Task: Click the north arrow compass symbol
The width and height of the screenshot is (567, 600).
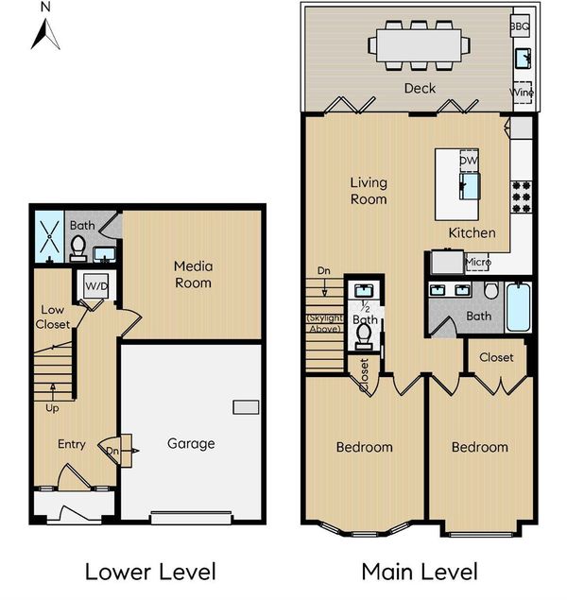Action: [45, 34]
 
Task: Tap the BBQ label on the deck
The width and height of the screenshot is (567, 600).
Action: [520, 26]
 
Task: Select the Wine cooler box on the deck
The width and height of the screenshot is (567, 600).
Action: [522, 93]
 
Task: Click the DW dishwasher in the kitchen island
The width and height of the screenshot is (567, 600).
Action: [469, 161]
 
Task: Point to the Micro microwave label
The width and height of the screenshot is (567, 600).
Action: [478, 262]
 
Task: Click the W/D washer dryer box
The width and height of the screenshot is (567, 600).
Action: [96, 286]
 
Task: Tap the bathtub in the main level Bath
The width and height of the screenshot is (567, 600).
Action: [519, 307]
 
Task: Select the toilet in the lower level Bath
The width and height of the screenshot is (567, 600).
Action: [78, 248]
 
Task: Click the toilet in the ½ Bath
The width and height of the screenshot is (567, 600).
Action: [364, 336]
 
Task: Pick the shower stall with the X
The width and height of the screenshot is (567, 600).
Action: [49, 236]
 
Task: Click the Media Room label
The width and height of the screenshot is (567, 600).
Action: [193, 274]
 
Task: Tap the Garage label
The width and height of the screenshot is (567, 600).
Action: [191, 443]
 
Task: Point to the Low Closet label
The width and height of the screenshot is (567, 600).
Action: [53, 317]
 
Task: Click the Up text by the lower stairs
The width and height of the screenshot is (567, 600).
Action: [52, 408]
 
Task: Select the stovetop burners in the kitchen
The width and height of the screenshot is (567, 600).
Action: [522, 197]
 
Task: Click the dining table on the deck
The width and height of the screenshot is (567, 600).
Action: [419, 45]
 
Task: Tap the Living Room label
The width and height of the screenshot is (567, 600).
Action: [369, 191]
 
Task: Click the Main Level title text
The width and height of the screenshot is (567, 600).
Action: [420, 572]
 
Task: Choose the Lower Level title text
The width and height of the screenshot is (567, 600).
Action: [151, 572]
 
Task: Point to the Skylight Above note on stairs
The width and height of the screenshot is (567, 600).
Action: [325, 323]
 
